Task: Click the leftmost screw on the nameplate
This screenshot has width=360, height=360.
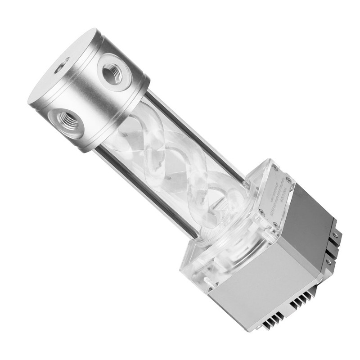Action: pyautogui.click(x=261, y=210)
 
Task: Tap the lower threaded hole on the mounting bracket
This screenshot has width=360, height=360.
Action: pyautogui.click(x=328, y=261)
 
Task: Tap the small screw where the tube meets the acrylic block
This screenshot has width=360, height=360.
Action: pyautogui.click(x=246, y=184)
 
